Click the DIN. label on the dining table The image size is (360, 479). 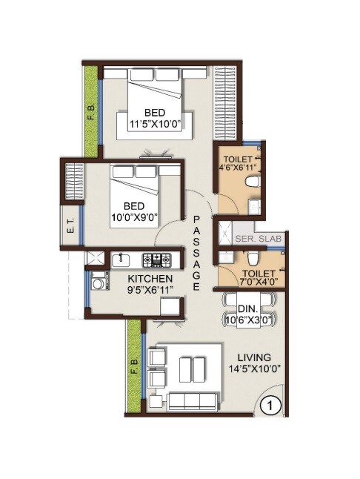[247, 309]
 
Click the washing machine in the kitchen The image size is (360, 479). [98, 283]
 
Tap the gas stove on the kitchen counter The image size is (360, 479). [156, 260]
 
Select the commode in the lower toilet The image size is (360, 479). [252, 258]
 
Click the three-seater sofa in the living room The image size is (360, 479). [193, 401]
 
